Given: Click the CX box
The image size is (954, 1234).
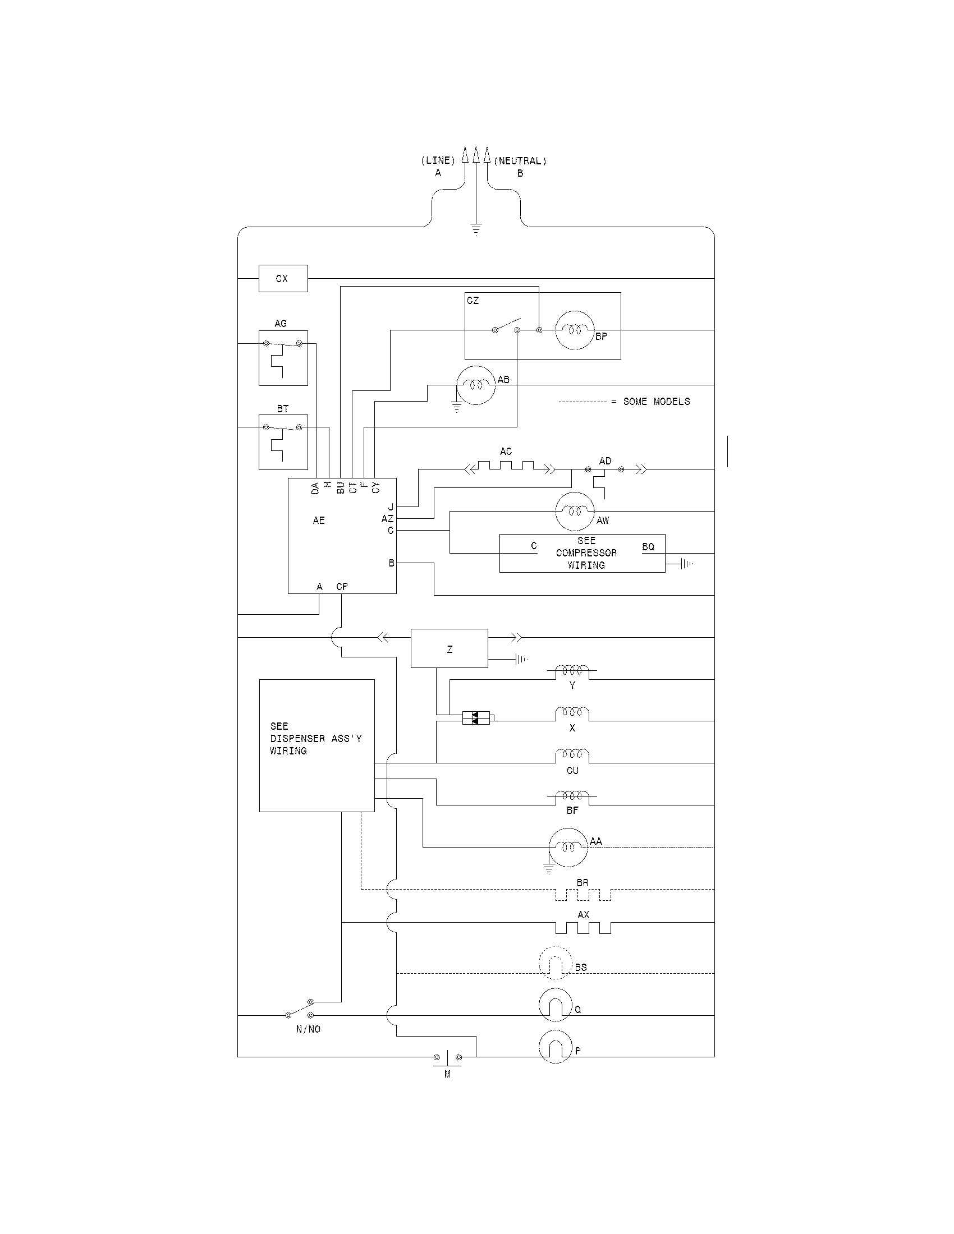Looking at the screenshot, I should coord(283,279).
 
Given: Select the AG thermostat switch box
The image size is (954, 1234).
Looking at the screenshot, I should coord(283,358).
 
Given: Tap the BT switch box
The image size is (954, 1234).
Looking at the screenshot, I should coord(283,442).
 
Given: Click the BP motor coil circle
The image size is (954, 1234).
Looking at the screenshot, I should coord(575,330).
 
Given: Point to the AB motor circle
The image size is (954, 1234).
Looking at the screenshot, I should coord(475,385).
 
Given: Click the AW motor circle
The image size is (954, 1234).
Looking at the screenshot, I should coord(575,511).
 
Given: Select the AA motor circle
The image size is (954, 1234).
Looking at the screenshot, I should coord(568,847).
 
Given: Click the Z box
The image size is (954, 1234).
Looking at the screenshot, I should coord(450,648).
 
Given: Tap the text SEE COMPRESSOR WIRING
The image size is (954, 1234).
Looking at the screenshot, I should coord(586,553).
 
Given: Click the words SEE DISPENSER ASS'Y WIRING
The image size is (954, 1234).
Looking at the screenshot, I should coord(315,739).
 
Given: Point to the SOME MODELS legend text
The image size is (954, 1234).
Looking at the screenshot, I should coord(656,402).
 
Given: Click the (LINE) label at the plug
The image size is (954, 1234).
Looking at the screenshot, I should coord(438,161).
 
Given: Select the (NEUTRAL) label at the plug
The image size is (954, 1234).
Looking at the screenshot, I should coord(520,161).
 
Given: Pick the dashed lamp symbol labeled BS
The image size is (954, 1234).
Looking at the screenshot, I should coord(556,963).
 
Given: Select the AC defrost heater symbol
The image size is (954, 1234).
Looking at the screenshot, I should coord(506,466).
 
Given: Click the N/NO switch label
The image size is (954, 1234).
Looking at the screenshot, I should coord(308,1029).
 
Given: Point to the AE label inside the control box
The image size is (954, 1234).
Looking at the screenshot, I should coord(319,521).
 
